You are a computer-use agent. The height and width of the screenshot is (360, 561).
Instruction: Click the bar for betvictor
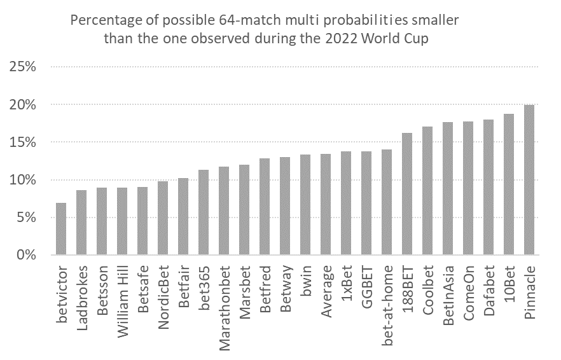click(x=61, y=229)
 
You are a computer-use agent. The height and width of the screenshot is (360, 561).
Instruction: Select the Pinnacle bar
click(x=529, y=180)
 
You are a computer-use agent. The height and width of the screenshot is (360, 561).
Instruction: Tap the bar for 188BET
click(x=407, y=194)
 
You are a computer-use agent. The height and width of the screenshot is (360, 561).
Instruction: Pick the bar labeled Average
click(x=326, y=204)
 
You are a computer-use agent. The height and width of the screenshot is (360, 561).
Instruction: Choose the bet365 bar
click(x=204, y=212)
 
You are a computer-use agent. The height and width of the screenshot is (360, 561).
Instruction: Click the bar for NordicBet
click(x=163, y=218)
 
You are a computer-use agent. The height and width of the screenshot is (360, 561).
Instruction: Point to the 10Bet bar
click(x=509, y=184)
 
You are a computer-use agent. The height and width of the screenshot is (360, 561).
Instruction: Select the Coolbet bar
click(x=427, y=191)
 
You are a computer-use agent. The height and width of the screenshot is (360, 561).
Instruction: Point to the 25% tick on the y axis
click(x=22, y=67)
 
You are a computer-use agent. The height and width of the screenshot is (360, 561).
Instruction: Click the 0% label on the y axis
click(x=27, y=255)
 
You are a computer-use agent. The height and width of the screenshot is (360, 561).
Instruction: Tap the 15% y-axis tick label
click(x=22, y=142)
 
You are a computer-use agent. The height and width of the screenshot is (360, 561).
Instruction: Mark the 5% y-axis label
click(x=27, y=218)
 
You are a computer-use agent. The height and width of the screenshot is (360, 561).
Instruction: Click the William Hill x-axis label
click(x=122, y=301)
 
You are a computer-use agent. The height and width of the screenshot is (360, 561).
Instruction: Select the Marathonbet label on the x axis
click(x=224, y=308)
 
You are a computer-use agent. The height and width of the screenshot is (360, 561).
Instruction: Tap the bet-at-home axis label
click(x=387, y=305)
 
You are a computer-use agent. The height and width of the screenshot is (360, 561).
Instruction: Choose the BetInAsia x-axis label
click(x=448, y=296)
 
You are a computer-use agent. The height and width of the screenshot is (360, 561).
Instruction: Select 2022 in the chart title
click(x=342, y=38)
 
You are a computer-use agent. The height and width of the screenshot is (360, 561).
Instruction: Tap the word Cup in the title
click(x=416, y=39)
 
